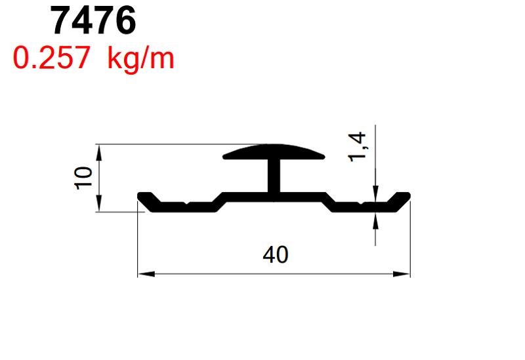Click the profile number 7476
[x=93, y=21]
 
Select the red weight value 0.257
[x=51, y=59]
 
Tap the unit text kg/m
[x=140, y=59]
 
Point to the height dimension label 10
[x=84, y=178]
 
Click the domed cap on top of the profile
[x=274, y=152]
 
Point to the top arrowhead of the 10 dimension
[x=99, y=151]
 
